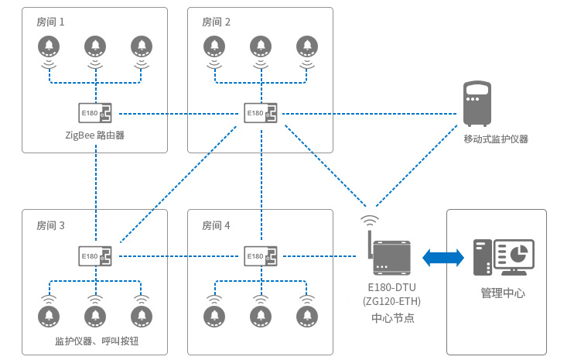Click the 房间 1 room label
(x=50, y=22)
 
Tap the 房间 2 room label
(x=216, y=22)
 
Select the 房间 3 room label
(x=50, y=226)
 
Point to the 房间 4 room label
(x=216, y=226)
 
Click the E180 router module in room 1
(x=96, y=114)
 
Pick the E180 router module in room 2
(x=261, y=114)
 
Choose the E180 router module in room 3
(x=96, y=255)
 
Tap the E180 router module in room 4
(x=261, y=255)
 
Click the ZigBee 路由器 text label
(x=95, y=135)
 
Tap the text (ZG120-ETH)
(x=392, y=301)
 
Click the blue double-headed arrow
(x=442, y=257)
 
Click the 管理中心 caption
(x=503, y=293)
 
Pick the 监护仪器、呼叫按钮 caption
(x=96, y=341)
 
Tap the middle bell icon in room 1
(x=95, y=46)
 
